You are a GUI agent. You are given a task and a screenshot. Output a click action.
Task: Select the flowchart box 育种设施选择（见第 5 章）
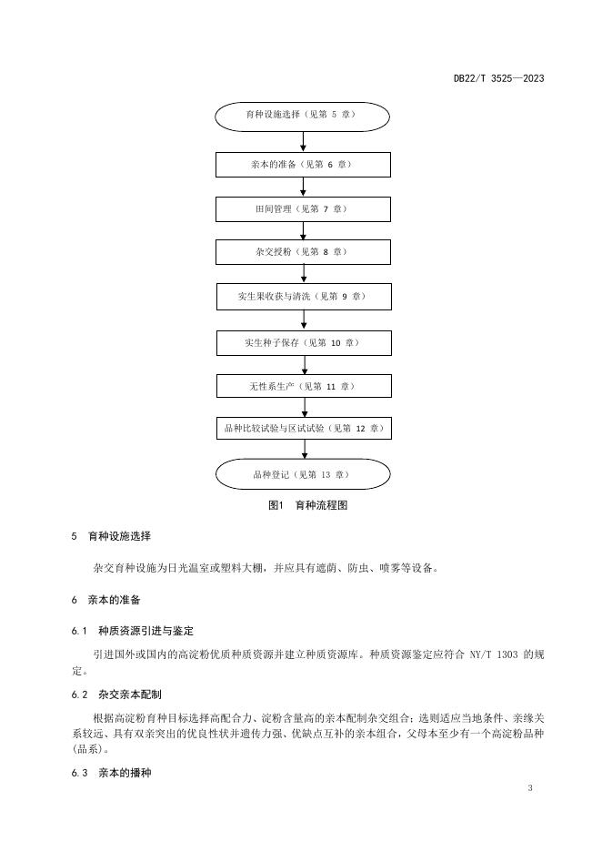[303, 117]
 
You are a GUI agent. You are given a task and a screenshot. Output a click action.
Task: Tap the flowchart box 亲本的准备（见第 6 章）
[303, 165]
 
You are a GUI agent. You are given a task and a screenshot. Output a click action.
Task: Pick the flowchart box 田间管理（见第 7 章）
[303, 209]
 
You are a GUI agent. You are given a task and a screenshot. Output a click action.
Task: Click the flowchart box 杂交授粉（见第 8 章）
[303, 252]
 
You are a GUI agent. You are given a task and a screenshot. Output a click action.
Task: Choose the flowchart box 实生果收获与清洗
[303, 297]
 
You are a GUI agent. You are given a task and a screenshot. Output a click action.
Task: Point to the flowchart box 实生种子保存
[303, 343]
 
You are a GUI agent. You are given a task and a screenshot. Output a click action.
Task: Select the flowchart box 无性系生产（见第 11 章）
[303, 386]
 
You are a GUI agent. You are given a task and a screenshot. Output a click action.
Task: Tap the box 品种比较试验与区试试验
[303, 428]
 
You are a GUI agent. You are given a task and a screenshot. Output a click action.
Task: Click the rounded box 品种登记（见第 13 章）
[303, 474]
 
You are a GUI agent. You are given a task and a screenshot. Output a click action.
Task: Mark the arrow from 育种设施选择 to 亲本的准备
[303, 141]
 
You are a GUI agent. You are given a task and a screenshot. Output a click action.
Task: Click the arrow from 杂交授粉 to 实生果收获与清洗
[303, 274]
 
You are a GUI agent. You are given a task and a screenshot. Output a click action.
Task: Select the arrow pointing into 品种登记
[303, 450]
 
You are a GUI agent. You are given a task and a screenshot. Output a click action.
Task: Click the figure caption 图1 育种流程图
[302, 505]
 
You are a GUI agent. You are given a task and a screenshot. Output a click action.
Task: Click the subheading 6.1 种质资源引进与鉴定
[132, 631]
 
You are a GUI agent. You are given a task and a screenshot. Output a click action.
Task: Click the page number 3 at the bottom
[529, 787]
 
